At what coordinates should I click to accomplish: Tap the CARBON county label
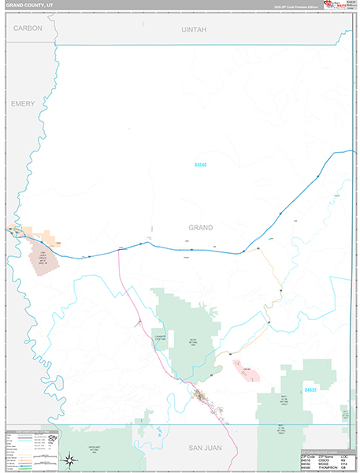[x=28, y=28]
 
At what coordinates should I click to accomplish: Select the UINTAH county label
[x=191, y=28]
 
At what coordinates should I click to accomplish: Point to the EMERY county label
[x=24, y=103]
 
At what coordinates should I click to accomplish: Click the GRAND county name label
[x=200, y=227]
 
